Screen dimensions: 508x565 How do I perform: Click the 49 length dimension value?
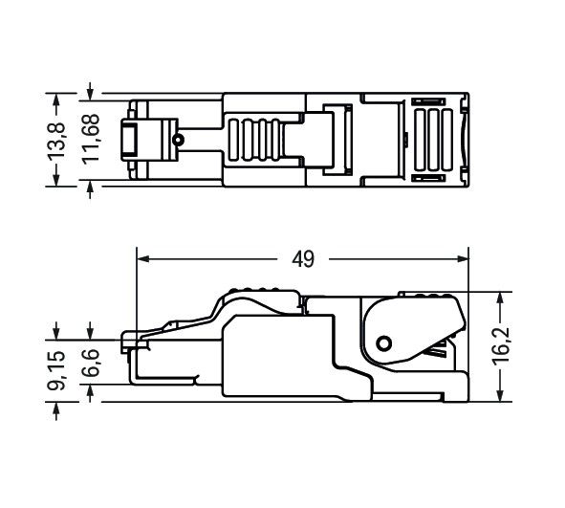click(x=305, y=259)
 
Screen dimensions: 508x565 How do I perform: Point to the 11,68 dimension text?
click(x=92, y=141)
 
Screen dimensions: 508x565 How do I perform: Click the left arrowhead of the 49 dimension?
click(x=144, y=258)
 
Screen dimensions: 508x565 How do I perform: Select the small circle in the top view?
click(x=178, y=141)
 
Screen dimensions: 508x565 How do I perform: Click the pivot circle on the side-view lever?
click(x=384, y=343)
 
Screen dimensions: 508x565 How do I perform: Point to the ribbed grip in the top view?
click(x=256, y=141)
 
